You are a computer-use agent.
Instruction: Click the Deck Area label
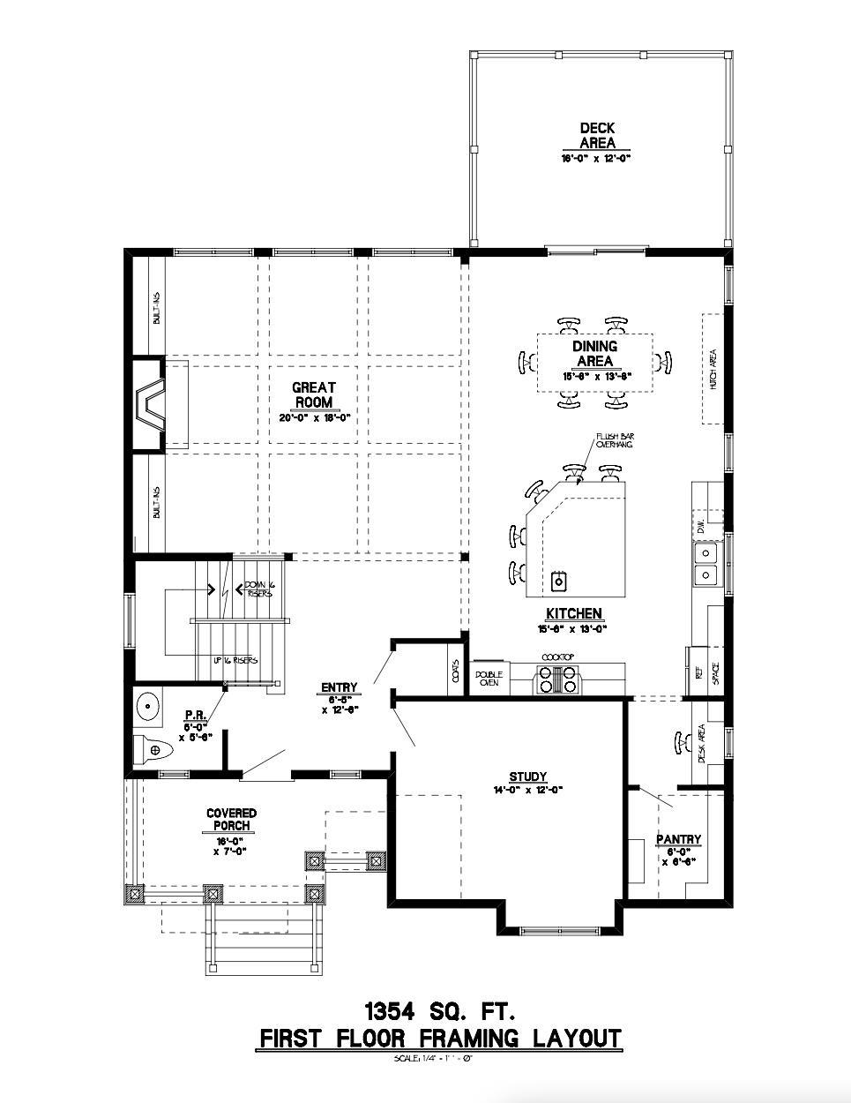point(597,135)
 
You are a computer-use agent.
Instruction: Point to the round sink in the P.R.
point(147,705)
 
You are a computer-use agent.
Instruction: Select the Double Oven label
point(489,678)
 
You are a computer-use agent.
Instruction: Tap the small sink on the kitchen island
point(558,581)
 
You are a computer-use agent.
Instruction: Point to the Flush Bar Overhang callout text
point(609,441)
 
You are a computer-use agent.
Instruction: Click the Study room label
point(527,777)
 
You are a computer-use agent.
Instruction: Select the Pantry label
point(678,839)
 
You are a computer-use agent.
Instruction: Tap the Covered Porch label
point(232,819)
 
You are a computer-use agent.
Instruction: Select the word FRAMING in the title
point(436,1038)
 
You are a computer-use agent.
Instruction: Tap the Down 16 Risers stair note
point(258,589)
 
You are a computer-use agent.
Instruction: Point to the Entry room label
point(340,687)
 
